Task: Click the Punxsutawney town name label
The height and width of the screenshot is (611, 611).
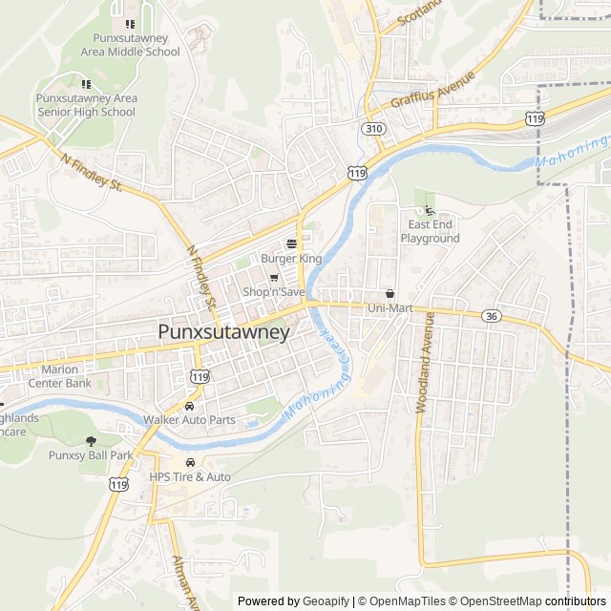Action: [222, 332]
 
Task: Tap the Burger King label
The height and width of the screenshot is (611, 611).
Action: [291, 259]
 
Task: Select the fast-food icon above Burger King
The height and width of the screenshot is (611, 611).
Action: [291, 244]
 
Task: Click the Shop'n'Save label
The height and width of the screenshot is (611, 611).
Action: [273, 291]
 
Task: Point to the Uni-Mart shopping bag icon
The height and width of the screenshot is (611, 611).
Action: [390, 294]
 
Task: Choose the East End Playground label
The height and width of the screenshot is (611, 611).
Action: [430, 231]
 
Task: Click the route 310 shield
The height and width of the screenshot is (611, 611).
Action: [373, 128]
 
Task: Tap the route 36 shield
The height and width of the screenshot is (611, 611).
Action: [492, 316]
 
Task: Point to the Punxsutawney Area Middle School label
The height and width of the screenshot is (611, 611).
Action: [130, 45]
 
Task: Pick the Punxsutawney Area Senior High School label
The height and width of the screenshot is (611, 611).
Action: [86, 105]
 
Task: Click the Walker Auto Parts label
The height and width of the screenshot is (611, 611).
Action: [189, 419]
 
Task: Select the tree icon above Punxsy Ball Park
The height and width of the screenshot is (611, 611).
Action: [91, 441]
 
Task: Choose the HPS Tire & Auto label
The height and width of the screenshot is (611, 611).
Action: [190, 476]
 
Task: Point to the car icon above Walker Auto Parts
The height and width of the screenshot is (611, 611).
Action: [189, 406]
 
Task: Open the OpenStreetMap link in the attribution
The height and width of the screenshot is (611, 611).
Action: [495, 601]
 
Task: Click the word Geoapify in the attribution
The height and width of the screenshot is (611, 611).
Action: [325, 601]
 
